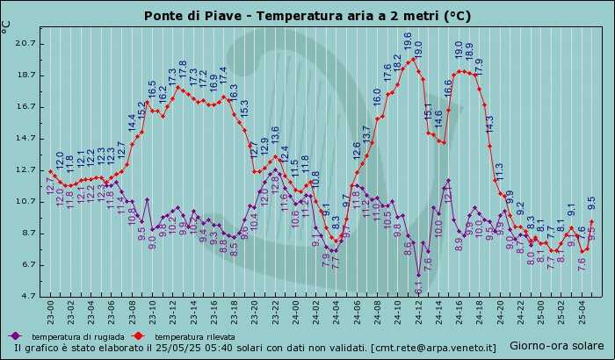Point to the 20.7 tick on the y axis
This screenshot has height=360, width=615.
point(25,43)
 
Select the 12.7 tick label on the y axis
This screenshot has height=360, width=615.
point(25,169)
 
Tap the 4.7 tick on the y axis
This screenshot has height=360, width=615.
point(25,296)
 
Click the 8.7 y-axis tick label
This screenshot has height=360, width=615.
point(25,233)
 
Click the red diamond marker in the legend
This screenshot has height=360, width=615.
point(138,336)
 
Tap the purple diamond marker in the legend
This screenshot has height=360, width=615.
point(15,336)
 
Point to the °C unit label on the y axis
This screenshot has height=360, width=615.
point(7,26)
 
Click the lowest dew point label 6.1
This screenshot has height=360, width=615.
point(419,286)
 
